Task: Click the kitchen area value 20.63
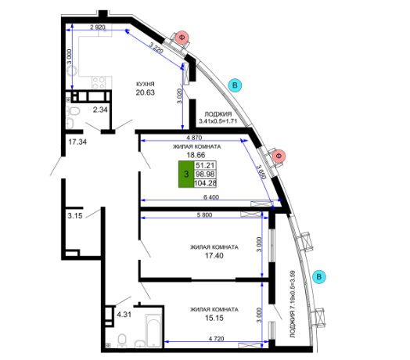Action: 145,92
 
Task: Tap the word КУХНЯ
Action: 146,84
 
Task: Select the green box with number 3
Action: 186,174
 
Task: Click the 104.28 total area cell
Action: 205,183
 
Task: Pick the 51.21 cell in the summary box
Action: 205,165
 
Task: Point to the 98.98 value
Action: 205,175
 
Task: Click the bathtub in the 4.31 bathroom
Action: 153,331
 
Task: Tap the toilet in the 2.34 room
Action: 73,111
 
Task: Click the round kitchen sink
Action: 71,70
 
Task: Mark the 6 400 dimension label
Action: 211,197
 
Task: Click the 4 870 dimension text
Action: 194,138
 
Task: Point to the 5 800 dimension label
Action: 204,214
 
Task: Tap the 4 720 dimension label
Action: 217,339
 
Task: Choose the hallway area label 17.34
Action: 77,142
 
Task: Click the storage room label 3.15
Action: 75,216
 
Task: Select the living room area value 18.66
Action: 196,155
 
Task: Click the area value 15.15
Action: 214,319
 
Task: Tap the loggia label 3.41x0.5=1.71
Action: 218,121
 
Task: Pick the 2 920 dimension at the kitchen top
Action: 98,27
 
